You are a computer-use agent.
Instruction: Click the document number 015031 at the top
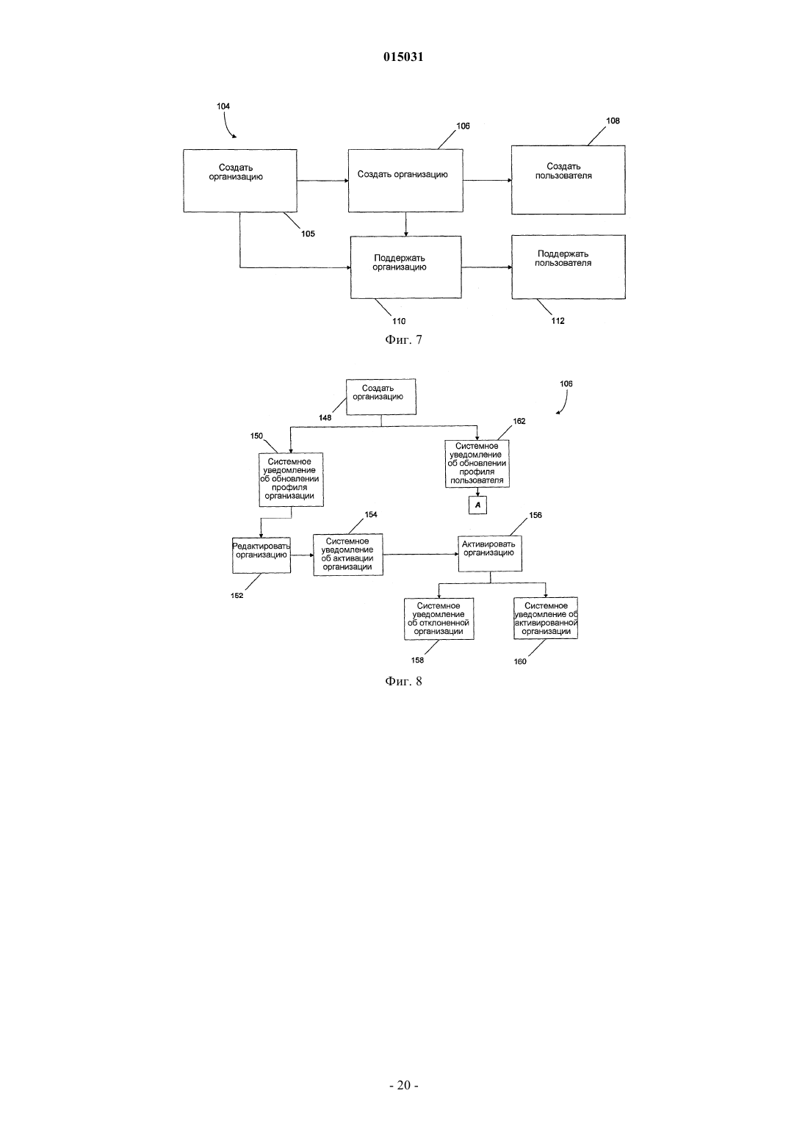(403, 57)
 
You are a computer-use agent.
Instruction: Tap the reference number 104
(223, 106)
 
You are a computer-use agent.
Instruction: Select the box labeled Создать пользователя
(569, 180)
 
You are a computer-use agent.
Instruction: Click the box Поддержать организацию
(406, 267)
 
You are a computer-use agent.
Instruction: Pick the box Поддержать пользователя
(569, 267)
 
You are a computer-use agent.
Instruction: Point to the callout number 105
(308, 234)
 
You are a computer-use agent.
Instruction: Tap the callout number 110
(399, 321)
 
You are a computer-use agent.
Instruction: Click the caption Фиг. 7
(403, 340)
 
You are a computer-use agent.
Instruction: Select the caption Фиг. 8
(403, 681)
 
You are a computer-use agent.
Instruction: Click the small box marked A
(477, 505)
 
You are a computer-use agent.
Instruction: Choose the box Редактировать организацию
(261, 555)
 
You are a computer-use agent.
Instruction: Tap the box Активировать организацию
(490, 553)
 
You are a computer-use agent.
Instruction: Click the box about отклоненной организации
(439, 619)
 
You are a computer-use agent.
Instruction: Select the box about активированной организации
(545, 618)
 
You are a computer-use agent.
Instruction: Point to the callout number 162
(519, 421)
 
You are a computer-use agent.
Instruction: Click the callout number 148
(325, 417)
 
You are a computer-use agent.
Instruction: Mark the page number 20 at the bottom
(403, 1085)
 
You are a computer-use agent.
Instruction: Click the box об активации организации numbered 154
(348, 555)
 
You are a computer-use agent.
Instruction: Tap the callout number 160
(520, 661)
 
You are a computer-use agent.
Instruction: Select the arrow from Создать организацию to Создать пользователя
(487, 180)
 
